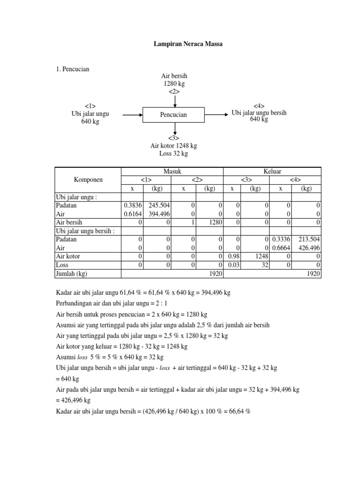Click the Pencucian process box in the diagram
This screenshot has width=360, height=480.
click(173, 114)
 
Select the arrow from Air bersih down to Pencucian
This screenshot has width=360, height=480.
click(174, 100)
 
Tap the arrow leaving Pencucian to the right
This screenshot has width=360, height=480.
click(217, 114)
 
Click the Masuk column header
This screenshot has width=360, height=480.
click(172, 172)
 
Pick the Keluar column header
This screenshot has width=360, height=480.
click(272, 172)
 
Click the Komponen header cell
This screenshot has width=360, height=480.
click(88, 180)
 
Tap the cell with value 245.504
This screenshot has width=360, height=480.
click(160, 205)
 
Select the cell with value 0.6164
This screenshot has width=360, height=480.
click(133, 214)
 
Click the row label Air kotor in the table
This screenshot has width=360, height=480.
click(67, 256)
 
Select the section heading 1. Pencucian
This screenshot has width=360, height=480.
click(72, 69)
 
